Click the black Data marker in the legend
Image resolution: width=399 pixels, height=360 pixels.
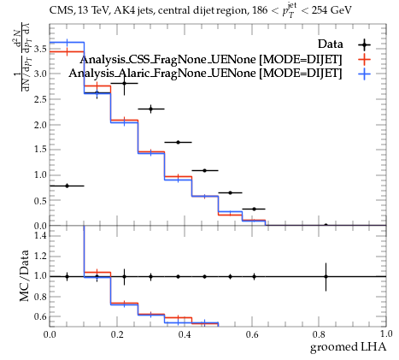pos(364,44)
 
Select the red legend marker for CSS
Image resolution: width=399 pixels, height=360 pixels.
pos(364,60)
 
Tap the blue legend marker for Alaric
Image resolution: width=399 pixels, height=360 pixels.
pos(364,74)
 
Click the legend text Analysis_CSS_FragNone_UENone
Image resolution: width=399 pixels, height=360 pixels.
pos(167,60)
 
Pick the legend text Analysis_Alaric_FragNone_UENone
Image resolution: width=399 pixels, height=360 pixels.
pos(162,74)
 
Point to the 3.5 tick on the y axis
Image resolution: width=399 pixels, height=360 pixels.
pos(40,49)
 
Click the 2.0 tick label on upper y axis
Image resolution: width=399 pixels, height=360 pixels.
pos(40,125)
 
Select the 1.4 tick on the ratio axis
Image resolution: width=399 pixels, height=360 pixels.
pos(40,235)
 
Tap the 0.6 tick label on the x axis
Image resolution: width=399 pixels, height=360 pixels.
pos(252,334)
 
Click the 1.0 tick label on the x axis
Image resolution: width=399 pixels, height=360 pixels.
pos(386,333)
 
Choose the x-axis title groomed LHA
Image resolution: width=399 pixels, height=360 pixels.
pos(349,347)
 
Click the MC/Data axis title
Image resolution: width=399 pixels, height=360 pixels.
pos(25,275)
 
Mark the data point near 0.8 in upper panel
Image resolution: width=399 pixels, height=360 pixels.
pos(67,186)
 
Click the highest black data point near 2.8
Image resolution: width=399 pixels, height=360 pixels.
pos(124,83)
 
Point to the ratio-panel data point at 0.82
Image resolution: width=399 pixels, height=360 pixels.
pos(326,276)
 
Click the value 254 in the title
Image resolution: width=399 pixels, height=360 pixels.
pos(320,10)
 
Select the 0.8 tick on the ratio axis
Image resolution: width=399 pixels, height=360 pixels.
pos(40,296)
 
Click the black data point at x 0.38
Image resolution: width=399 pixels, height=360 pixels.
pos(178,142)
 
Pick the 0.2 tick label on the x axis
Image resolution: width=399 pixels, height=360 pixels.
pos(117,334)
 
